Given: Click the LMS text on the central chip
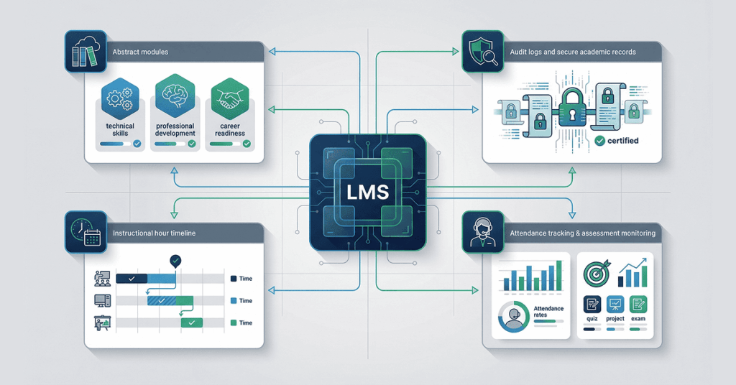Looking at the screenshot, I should pos(367,192).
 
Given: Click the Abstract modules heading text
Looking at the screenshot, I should pos(141,52).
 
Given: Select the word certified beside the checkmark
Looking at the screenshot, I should pos(622,142).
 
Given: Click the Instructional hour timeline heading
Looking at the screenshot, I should pos(154,233).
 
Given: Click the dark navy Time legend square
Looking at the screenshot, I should pos(233,278).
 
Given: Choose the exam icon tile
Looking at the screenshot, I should pos(638,305).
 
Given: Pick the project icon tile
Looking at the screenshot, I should pos(615,305).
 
